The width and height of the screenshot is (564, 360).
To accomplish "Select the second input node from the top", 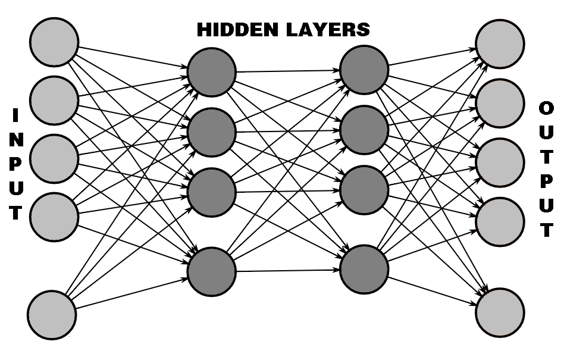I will tap(54, 99).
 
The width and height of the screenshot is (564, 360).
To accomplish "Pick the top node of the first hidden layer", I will tap(212, 73).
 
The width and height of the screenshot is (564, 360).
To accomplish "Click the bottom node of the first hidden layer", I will tap(212, 271).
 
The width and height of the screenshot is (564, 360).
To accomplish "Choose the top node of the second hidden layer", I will tap(365, 70).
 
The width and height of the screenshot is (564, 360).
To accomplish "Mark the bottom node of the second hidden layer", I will tap(365, 268).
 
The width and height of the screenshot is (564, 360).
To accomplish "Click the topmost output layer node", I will tap(500, 45).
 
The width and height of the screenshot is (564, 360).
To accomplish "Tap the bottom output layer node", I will tap(500, 312).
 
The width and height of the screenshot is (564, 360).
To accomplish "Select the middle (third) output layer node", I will tap(500, 162).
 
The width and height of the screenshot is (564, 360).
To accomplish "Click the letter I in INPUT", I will tap(17, 115).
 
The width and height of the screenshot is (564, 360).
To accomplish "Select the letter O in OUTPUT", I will tap(546, 109).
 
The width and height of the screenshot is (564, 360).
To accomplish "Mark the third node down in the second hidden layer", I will tap(365, 189).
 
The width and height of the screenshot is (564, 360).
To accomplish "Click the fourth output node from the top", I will tap(500, 221).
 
